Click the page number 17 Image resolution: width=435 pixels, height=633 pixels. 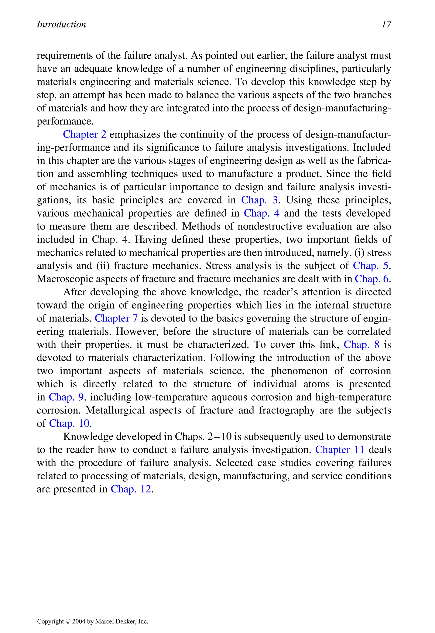tap(386, 24)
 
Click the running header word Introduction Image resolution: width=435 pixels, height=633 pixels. tap(61, 24)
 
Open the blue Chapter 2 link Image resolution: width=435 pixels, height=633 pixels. tap(85, 134)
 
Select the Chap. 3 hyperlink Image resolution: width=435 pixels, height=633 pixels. tap(259, 200)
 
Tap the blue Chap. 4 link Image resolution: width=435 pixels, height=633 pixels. tap(261, 213)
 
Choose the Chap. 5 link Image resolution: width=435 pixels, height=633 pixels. tap(370, 266)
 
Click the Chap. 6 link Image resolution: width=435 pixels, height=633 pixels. tap(371, 279)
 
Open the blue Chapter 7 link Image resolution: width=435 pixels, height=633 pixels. tap(116, 318)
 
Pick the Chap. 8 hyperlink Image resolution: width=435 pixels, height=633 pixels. tap(362, 345)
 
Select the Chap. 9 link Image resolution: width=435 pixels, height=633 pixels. tap(66, 397)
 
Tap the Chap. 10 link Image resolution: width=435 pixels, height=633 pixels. tap(69, 423)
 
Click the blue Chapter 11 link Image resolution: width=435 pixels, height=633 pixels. tap(340, 450)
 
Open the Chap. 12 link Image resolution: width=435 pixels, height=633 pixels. tap(131, 489)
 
